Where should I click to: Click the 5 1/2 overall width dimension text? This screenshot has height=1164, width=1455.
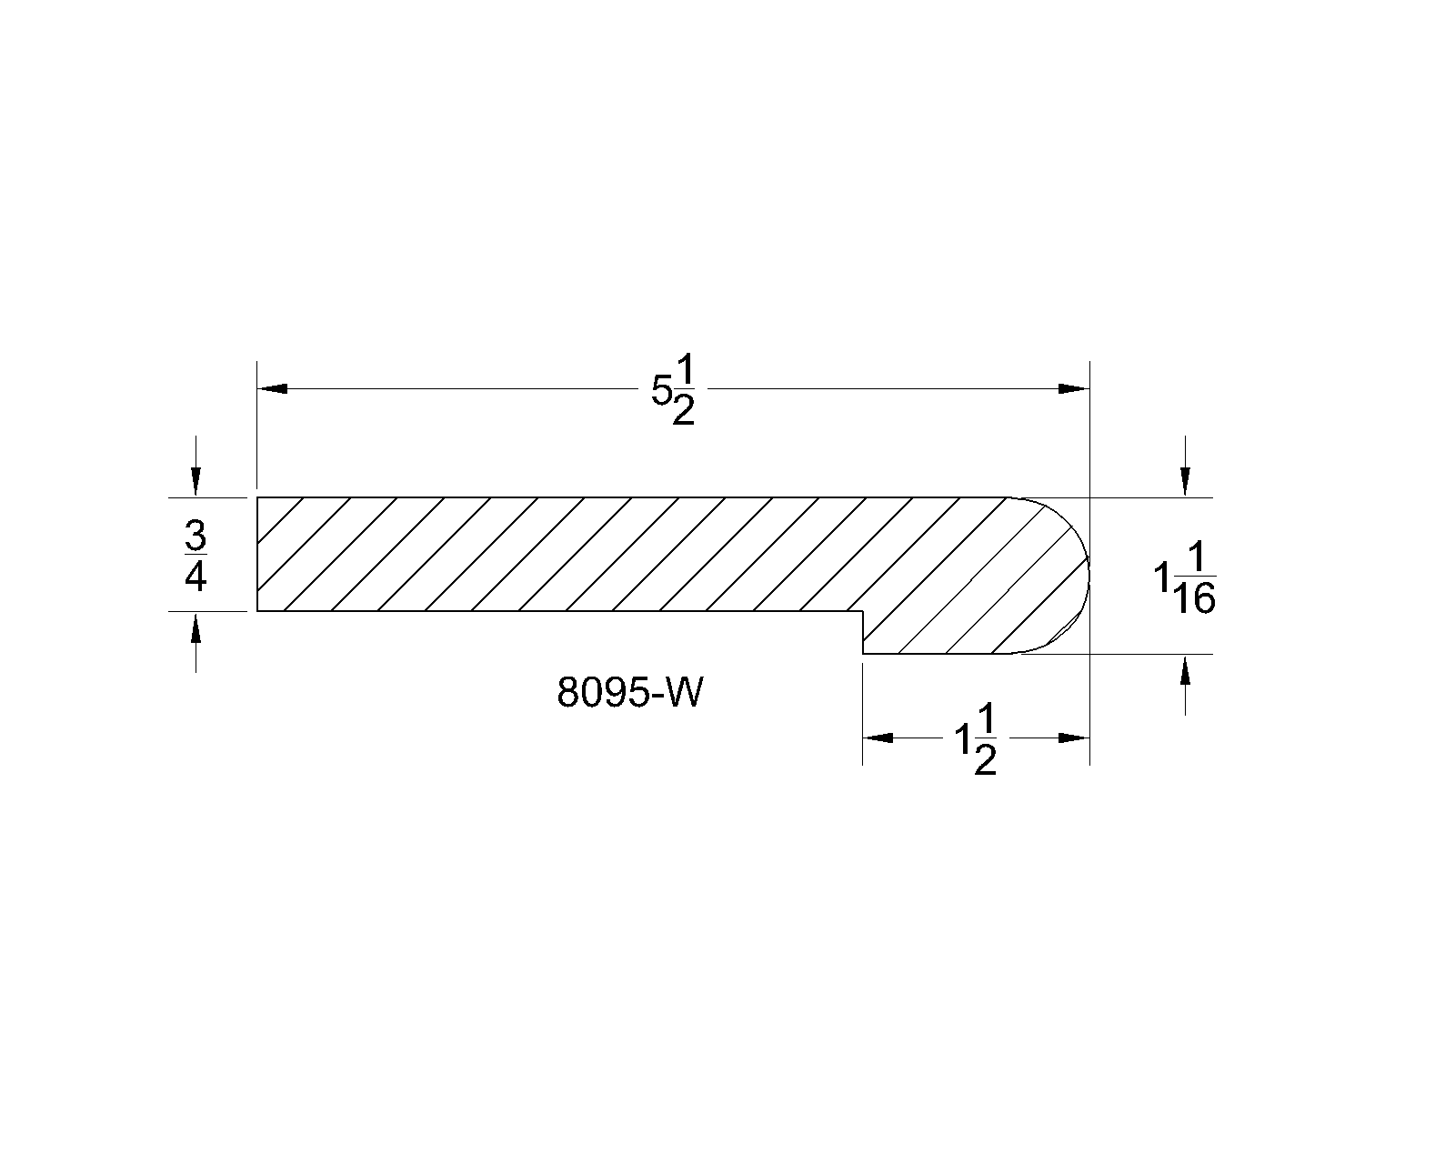673,389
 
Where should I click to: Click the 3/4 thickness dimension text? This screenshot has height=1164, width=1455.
196,556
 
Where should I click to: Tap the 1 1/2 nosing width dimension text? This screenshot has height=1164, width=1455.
976,739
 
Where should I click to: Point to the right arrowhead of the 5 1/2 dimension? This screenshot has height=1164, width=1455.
1074,389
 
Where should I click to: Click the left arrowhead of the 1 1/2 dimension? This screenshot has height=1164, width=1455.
878,738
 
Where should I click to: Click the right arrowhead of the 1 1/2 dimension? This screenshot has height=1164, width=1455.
1074,738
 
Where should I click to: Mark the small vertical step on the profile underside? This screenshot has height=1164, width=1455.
863,632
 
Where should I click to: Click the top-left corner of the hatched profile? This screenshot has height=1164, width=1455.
258,498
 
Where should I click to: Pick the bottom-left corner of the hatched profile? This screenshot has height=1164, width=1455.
258,611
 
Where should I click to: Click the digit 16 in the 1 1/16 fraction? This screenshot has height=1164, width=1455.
1194,599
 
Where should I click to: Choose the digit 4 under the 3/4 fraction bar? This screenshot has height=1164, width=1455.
196,577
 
